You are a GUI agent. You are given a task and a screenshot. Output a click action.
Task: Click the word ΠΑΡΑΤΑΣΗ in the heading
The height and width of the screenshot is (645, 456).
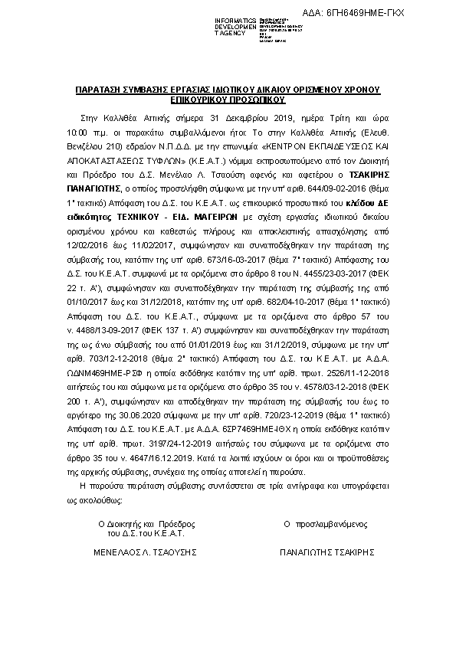coord(103,90)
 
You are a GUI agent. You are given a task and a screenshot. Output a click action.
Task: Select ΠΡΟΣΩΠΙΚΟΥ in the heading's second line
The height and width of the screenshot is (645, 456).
coord(256,99)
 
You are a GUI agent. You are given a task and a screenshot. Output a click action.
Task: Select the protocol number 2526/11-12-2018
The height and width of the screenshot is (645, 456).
coord(355,365)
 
